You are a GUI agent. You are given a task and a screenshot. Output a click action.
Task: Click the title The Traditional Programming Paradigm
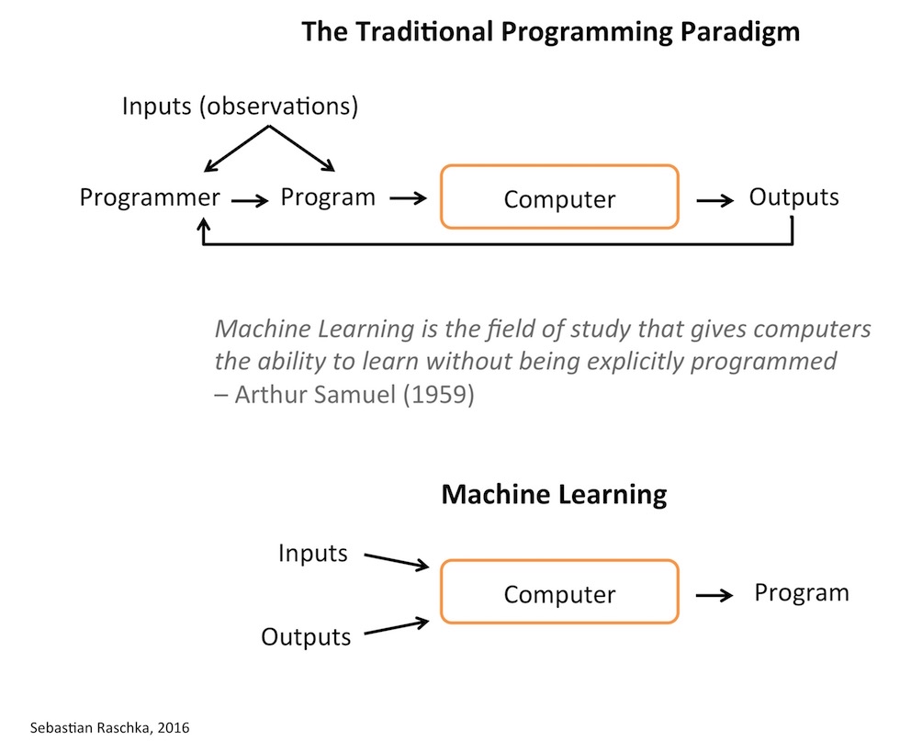click(550, 32)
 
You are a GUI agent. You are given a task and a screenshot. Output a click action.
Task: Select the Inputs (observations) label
click(240, 107)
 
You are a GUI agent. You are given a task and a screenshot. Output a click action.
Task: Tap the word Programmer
click(150, 197)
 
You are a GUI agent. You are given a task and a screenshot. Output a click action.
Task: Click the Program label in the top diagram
click(328, 196)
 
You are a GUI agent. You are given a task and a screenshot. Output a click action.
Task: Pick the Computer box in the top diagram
click(559, 197)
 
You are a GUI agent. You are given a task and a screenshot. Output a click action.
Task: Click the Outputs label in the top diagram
click(793, 196)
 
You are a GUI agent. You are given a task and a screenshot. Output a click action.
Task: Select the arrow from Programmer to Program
click(250, 199)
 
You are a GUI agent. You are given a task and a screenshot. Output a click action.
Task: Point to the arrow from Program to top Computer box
click(409, 197)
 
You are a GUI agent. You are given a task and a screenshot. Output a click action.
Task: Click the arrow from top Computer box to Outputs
click(714, 198)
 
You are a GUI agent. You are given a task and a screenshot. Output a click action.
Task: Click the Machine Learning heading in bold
click(554, 494)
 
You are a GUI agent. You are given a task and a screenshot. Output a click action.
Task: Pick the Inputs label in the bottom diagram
click(313, 553)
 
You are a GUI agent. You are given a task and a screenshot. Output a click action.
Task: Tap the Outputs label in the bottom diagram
click(306, 636)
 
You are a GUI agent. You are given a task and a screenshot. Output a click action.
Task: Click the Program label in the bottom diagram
click(801, 592)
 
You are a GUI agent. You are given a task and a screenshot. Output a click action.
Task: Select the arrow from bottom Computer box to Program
click(714, 595)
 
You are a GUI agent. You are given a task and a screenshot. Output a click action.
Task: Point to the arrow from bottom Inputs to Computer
click(397, 560)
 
